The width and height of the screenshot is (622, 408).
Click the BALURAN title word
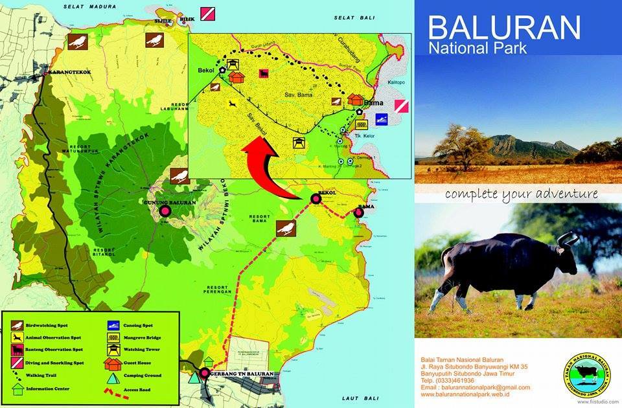(x=504, y=27)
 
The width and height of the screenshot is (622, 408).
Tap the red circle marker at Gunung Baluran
(x=165, y=210)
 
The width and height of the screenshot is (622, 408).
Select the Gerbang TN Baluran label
(x=241, y=374)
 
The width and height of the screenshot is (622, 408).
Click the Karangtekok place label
(x=67, y=72)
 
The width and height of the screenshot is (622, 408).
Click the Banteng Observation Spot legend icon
(x=17, y=350)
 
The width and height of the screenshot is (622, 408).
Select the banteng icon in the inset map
(x=264, y=74)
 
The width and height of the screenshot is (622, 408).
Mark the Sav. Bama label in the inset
(x=299, y=95)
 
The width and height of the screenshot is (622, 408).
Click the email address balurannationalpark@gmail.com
(x=474, y=387)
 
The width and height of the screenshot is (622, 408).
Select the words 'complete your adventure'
(x=521, y=194)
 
